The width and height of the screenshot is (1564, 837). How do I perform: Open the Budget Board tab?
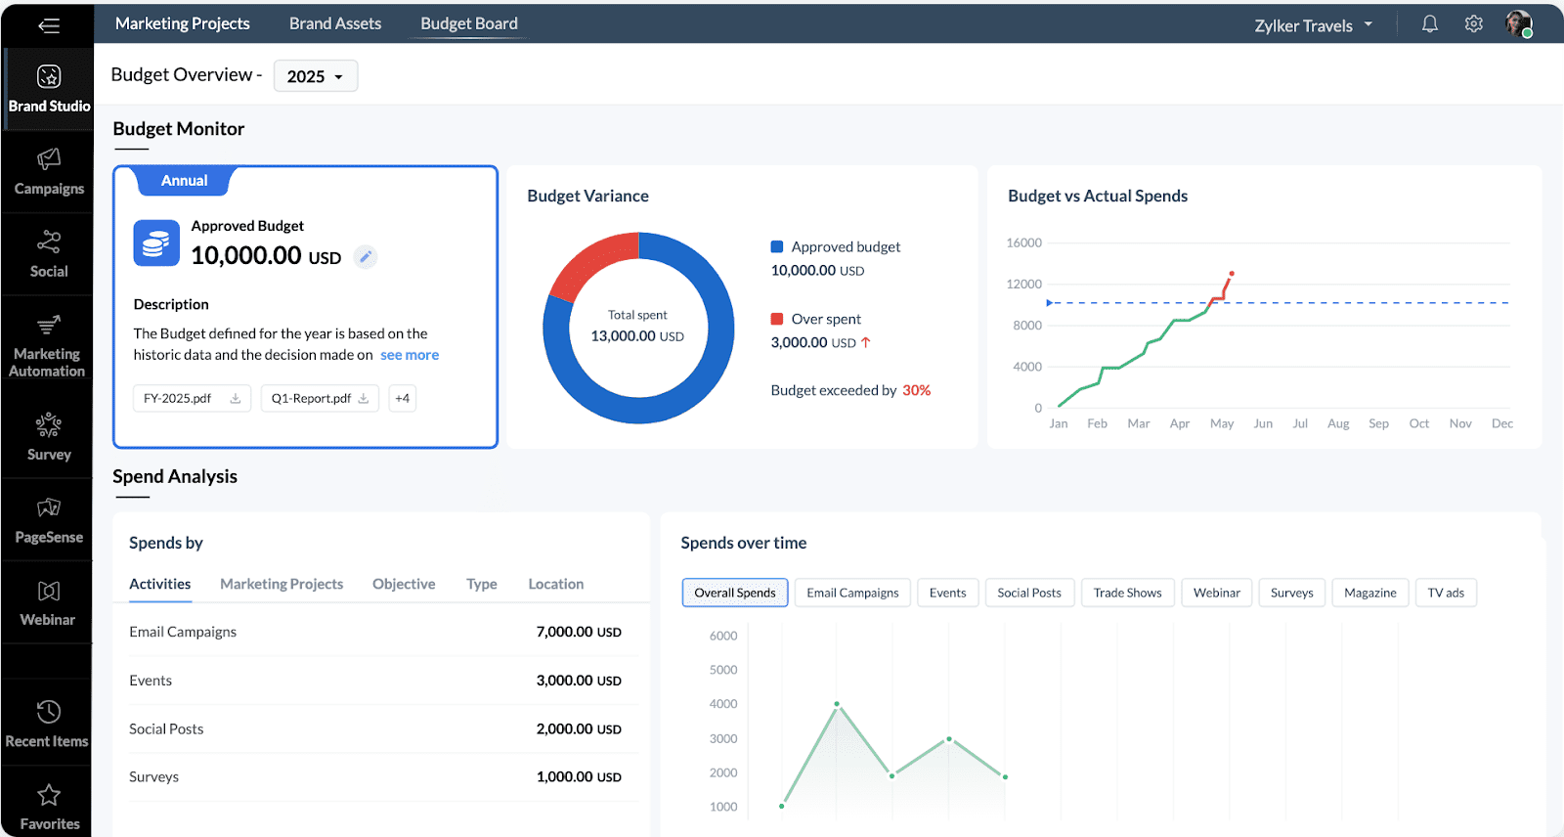469,23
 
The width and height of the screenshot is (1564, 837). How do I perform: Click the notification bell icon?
1429,24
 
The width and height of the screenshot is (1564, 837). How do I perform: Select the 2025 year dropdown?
315,76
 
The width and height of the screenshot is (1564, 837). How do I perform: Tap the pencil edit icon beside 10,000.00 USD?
366,257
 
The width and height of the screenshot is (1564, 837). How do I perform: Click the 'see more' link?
410,355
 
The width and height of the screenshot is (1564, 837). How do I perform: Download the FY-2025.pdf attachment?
236,398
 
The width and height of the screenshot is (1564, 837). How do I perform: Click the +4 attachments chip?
402,398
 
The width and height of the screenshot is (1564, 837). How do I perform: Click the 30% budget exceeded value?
916,390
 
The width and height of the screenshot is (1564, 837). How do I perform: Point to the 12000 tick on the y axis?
1023,284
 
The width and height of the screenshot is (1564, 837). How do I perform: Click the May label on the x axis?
1222,423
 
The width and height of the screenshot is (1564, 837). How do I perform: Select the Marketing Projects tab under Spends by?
282,584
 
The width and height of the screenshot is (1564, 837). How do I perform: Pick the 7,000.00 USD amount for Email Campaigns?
579,632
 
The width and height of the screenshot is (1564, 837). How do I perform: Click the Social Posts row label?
166,728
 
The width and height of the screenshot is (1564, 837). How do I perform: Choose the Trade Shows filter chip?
1127,593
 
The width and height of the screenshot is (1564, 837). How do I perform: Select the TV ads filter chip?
1445,593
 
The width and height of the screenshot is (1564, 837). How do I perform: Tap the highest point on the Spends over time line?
837,704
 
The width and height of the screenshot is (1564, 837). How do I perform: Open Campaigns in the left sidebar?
48,171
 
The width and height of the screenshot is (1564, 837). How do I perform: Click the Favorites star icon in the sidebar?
49,795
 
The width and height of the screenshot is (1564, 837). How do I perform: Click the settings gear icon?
1473,24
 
